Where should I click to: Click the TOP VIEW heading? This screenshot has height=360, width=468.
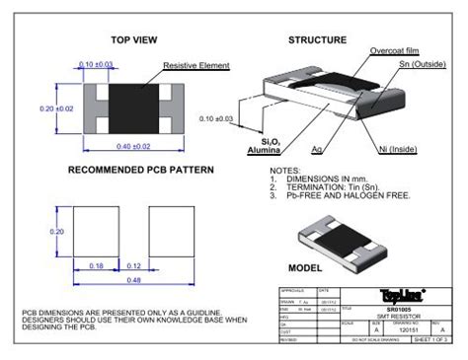[x=134, y=40]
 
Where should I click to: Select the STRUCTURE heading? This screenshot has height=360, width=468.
[x=317, y=40]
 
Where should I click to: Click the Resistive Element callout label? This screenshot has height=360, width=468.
[x=195, y=65]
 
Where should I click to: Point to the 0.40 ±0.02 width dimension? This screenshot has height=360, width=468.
[x=132, y=147]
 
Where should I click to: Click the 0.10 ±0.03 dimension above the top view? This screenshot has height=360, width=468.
[x=95, y=63]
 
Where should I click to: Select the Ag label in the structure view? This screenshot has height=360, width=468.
[x=317, y=150]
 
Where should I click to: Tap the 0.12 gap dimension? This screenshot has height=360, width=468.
[x=134, y=263]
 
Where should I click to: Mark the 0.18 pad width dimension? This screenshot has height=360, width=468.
[x=96, y=263]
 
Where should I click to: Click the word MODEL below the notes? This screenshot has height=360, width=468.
[x=305, y=267]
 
